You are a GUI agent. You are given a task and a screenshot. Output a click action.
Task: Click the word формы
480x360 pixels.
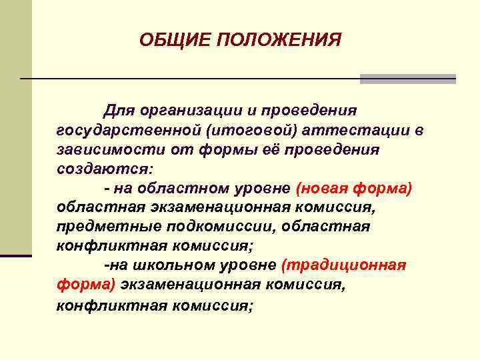tap(229, 149)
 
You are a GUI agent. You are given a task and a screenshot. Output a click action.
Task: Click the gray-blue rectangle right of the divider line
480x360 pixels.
tap(407, 79)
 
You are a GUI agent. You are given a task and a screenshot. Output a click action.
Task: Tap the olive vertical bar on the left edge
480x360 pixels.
tap(15, 127)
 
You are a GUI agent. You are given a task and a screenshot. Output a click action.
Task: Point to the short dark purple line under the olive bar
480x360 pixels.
tap(15, 255)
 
